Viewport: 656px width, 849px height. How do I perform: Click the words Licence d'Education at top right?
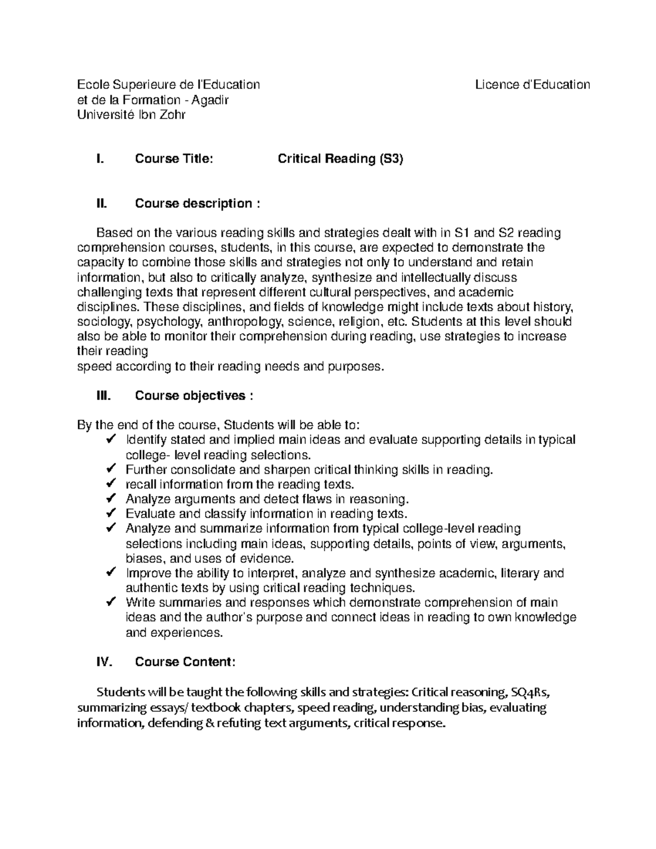[532, 85]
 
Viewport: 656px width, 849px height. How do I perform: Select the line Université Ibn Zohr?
[131, 115]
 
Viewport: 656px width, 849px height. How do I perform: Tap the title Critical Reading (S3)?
[340, 159]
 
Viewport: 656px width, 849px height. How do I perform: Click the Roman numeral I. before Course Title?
[99, 159]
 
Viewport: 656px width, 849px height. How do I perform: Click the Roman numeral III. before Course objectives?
[103, 396]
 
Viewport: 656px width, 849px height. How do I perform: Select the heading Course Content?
[185, 662]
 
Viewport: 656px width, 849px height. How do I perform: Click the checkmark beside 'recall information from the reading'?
[110, 484]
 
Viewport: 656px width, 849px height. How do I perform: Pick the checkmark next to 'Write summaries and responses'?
[110, 602]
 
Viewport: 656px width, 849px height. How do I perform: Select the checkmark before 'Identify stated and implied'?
[110, 440]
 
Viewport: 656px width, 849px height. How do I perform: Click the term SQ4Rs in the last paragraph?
[528, 692]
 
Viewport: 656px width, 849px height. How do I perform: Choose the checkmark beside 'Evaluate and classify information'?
[110, 513]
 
